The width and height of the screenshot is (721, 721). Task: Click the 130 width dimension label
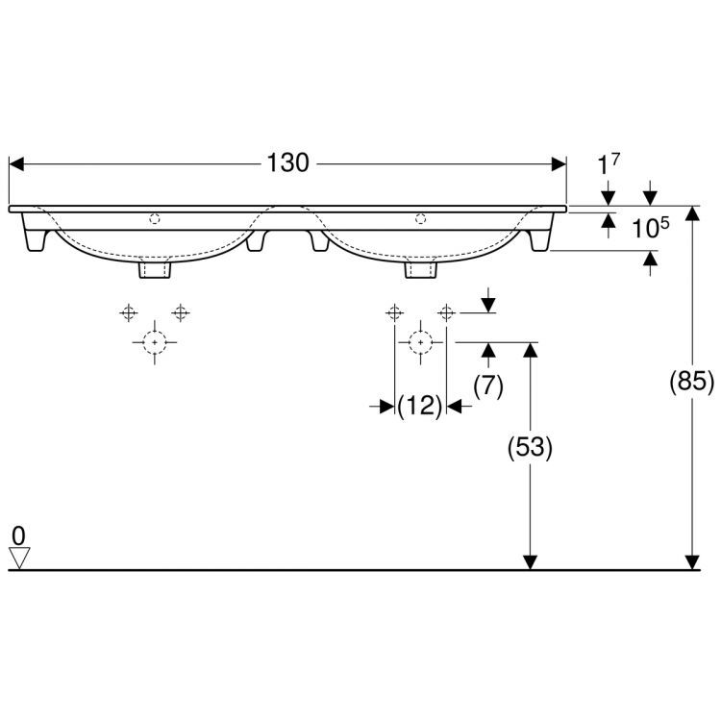288,163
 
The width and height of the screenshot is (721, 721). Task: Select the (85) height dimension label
691,383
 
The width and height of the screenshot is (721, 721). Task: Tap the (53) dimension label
530,447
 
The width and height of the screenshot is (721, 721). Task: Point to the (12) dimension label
420,407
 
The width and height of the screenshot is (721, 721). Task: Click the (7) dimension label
489,385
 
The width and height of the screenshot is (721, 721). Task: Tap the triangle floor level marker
20,558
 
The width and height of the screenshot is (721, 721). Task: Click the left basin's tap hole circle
155,219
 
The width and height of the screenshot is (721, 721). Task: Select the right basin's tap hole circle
420,219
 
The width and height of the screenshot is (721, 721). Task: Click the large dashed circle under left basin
154,340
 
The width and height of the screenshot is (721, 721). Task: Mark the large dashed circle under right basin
419,340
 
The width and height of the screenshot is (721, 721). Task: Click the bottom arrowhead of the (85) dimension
691,561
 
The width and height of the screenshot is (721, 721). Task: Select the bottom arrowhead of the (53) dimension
530,561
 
